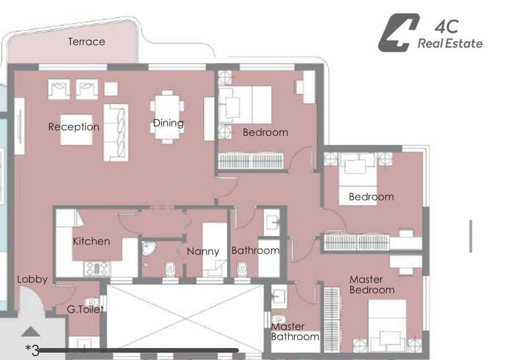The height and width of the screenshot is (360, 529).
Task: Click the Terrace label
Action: (86, 42)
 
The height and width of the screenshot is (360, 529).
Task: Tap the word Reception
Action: (74, 127)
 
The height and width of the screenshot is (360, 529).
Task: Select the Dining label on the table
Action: (168, 122)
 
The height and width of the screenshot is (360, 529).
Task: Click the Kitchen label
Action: (91, 241)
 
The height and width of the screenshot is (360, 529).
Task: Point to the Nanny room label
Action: (203, 251)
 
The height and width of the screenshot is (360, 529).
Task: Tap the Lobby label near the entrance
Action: (32, 279)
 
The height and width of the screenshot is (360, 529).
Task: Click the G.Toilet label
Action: (85, 309)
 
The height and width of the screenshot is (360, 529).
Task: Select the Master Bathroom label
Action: (295, 332)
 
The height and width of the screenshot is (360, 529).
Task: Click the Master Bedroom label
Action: (372, 285)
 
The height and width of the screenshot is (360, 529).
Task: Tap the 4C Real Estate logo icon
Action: (399, 32)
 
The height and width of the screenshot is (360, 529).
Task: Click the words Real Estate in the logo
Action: (450, 43)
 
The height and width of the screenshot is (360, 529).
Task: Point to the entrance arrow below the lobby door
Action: (31, 332)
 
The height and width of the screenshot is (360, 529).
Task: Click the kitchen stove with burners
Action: (97, 269)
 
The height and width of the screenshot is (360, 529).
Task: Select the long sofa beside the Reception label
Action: (116, 133)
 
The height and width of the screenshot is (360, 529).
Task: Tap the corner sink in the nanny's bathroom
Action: (148, 248)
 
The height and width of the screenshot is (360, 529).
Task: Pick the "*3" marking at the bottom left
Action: (32, 350)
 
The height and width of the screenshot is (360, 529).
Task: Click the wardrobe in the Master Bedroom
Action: (332, 320)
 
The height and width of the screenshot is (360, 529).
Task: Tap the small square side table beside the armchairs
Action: (111, 89)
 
